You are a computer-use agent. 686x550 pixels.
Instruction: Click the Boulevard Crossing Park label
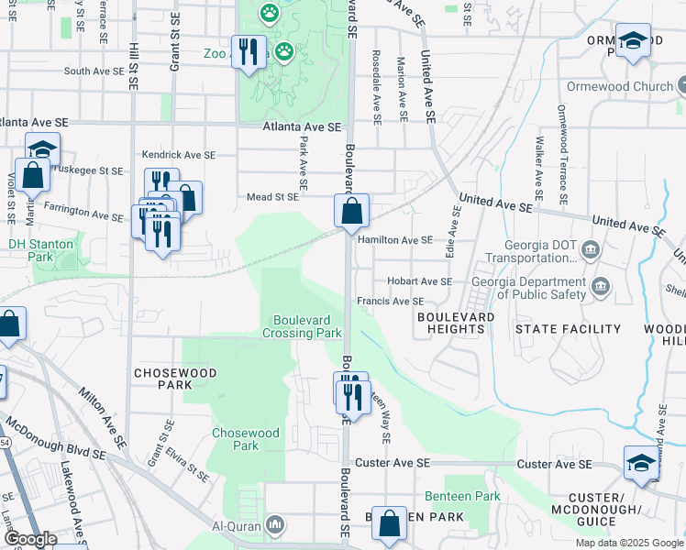click(x=306, y=326)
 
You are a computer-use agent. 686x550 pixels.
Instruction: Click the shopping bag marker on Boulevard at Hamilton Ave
click(x=351, y=211)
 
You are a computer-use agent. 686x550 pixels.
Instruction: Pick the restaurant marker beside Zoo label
click(x=248, y=51)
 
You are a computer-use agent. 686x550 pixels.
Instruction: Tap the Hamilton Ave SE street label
click(x=395, y=240)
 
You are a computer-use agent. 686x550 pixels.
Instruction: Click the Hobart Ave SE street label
click(x=419, y=281)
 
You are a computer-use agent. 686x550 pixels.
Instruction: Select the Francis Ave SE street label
click(x=391, y=301)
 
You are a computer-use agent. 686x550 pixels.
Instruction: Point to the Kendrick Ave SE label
click(x=178, y=156)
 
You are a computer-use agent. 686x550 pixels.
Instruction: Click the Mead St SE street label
click(x=272, y=196)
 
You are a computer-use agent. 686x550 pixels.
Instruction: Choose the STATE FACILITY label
click(x=568, y=328)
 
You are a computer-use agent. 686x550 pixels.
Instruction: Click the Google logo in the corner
click(x=31, y=539)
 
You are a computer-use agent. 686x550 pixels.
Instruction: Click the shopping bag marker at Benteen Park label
click(x=390, y=524)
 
